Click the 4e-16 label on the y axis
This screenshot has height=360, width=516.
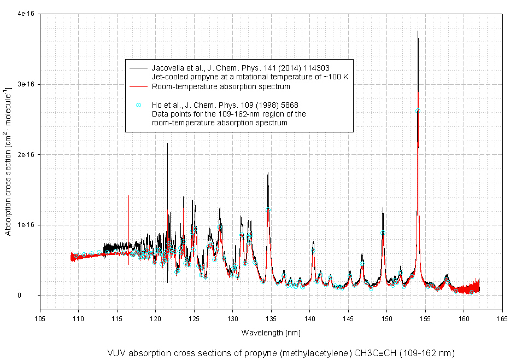26,14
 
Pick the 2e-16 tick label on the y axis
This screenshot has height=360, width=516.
26,155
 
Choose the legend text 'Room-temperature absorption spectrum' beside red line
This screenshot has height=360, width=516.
221,86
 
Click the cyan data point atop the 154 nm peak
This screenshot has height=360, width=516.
418,111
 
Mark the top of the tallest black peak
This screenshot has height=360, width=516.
418,32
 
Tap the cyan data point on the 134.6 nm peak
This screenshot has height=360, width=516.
268,210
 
